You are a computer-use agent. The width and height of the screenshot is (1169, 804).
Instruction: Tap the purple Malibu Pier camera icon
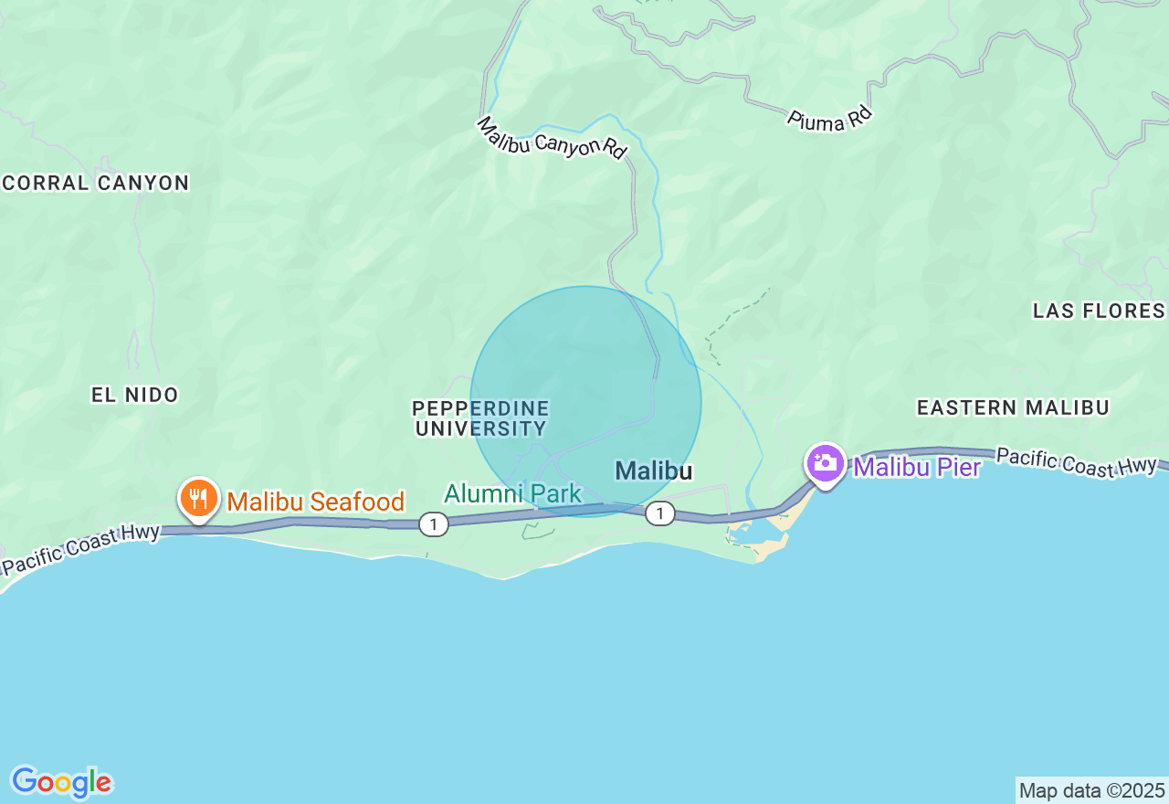point(825,463)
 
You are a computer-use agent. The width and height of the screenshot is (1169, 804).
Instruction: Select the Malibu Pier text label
point(917,468)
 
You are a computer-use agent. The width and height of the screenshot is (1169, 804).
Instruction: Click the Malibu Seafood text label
point(315,502)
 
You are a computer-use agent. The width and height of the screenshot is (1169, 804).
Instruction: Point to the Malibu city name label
point(653,471)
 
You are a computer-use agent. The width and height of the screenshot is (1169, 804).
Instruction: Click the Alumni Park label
point(512,494)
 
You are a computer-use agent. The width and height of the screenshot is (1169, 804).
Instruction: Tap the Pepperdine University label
point(480,418)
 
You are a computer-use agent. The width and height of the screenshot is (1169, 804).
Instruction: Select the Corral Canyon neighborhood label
point(96,183)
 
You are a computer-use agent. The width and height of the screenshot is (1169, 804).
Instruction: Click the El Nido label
point(135,395)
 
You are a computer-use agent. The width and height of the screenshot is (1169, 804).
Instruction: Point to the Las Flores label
point(1099,311)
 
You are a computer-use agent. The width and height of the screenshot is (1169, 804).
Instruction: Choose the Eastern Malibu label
point(1013,407)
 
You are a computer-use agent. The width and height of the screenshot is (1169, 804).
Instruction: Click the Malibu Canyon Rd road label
point(553,137)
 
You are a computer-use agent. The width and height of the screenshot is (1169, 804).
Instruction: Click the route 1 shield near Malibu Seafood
point(434,524)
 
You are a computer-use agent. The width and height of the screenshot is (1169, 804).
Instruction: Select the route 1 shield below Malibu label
point(659,513)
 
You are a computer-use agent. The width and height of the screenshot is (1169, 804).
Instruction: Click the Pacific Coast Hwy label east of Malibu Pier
point(1077,461)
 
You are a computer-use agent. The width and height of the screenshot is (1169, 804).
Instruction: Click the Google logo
point(61,782)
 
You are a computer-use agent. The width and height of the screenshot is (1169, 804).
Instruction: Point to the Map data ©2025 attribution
point(1091,790)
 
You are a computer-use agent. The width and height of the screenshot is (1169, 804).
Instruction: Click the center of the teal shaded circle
point(585,401)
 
